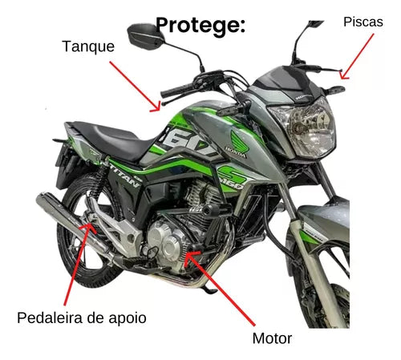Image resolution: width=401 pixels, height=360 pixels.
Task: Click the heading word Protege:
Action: click(x=200, y=26)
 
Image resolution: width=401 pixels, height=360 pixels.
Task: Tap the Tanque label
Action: click(x=88, y=47)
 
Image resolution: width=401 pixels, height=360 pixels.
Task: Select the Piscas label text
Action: click(x=363, y=22)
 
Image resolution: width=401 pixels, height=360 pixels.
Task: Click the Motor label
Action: click(x=272, y=338)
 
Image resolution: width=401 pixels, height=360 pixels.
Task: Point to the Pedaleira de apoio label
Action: click(x=82, y=318)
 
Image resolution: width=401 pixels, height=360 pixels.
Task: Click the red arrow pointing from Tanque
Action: click(x=135, y=86)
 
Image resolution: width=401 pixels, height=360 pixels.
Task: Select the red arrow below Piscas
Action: click(x=357, y=56)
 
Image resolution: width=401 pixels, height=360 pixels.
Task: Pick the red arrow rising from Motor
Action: click(x=220, y=288)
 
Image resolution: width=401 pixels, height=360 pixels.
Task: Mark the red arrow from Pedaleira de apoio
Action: click(x=78, y=264)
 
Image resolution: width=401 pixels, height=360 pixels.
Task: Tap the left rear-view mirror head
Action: click(x=146, y=37)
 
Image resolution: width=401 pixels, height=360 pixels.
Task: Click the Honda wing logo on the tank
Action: click(x=238, y=144)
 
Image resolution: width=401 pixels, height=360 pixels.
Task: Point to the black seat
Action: click(x=112, y=139)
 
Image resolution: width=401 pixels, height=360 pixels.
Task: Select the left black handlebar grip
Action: click(x=177, y=91)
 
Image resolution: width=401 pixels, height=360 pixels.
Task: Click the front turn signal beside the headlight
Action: click(x=334, y=90)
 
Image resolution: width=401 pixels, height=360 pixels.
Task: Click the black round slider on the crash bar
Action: click(x=211, y=209)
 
